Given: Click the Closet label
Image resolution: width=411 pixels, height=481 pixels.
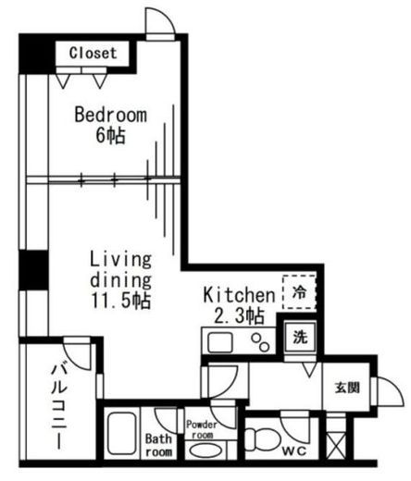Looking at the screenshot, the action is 93,53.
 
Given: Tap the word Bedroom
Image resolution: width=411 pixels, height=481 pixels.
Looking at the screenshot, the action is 111,115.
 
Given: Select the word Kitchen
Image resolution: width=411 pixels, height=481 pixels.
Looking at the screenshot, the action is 239,295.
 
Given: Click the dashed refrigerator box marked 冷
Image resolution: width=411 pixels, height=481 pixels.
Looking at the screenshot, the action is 299,292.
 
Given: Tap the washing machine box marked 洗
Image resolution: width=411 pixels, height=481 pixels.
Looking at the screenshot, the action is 300,337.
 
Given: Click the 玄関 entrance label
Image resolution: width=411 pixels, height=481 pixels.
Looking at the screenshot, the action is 347,388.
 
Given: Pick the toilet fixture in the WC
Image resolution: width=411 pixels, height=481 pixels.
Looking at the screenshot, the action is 262,439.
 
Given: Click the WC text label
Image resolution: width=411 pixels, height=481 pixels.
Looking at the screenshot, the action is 294,451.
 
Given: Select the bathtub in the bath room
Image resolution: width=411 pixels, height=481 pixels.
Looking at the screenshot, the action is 122,434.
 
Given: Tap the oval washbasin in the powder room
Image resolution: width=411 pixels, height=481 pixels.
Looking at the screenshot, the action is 205,450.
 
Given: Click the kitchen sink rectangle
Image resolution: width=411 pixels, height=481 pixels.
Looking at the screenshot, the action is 220,342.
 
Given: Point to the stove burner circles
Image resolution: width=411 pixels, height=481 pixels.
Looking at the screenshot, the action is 260,342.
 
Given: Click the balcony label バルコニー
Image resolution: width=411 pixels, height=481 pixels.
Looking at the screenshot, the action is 59,406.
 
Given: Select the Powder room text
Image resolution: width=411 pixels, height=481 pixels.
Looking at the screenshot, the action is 202,429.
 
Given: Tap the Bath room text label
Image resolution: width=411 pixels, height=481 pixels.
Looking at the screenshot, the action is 158,445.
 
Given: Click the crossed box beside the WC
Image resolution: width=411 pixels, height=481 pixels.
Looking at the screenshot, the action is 336,445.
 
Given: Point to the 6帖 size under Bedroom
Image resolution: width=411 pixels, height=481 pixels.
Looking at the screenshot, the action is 110,135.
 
